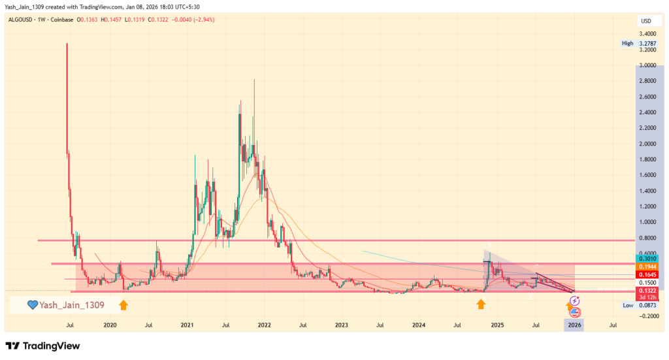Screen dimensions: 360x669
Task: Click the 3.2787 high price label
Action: [648, 44]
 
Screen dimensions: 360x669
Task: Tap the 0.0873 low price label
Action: [647, 305]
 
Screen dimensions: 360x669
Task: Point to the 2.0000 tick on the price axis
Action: [647, 144]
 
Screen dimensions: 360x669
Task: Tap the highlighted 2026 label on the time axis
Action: [574, 324]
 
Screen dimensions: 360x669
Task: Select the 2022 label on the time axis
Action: [265, 324]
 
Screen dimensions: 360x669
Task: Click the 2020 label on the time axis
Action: [110, 324]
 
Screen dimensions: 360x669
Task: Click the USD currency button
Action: [646, 21]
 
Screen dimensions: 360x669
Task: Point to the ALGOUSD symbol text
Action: [23, 20]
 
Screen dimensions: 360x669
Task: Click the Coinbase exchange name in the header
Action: [61, 20]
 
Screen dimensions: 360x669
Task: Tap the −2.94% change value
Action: [201, 20]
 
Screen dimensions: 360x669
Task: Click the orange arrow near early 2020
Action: [123, 304]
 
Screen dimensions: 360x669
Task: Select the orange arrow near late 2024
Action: [481, 304]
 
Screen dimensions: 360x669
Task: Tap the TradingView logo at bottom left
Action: [42, 346]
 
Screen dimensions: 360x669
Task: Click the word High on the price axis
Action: [628, 44]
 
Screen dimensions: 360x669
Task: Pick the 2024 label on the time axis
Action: [419, 324]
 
